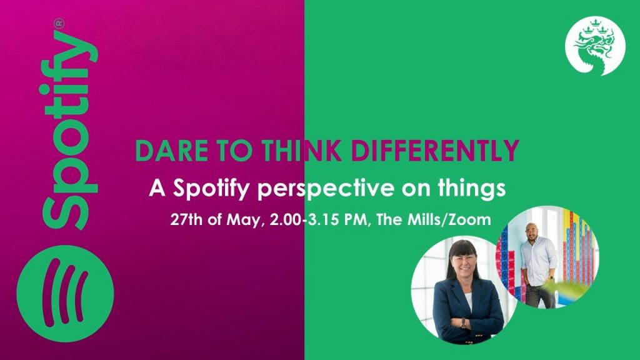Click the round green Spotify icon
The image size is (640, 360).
[x=65, y=294]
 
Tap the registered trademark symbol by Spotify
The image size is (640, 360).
[x=59, y=23]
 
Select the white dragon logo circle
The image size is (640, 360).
[x=595, y=46]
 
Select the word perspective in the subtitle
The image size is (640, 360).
[x=326, y=189]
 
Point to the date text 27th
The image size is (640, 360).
[x=186, y=219]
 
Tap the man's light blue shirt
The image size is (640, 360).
[x=538, y=261]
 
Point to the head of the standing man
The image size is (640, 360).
[x=531, y=231]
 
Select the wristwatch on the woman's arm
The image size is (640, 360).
[x=463, y=323]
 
